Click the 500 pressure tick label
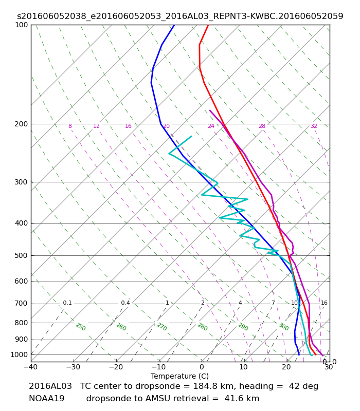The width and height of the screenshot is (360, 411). [21, 255]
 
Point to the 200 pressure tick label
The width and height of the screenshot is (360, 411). [21, 124]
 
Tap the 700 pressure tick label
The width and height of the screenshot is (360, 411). [21, 304]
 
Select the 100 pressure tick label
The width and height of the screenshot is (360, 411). [21, 25]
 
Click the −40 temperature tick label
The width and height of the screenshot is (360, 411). [31, 367]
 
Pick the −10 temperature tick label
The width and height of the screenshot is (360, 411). [159, 367]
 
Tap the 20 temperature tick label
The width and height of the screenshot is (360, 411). [286, 367]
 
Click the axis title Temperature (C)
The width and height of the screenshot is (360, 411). [179, 376]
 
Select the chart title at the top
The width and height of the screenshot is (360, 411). [180, 16]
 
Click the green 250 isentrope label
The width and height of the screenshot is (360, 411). [81, 327]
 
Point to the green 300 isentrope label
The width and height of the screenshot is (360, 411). [284, 327]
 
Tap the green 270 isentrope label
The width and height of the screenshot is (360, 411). [162, 327]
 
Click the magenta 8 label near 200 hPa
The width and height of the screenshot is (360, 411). [70, 126]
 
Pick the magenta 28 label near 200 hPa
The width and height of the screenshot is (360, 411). [262, 126]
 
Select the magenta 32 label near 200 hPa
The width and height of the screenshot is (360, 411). [314, 126]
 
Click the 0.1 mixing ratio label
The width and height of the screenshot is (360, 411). [67, 303]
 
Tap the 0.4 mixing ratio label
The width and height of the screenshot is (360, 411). [125, 303]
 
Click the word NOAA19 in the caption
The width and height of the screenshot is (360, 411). [47, 399]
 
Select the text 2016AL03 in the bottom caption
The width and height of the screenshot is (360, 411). [50, 386]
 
